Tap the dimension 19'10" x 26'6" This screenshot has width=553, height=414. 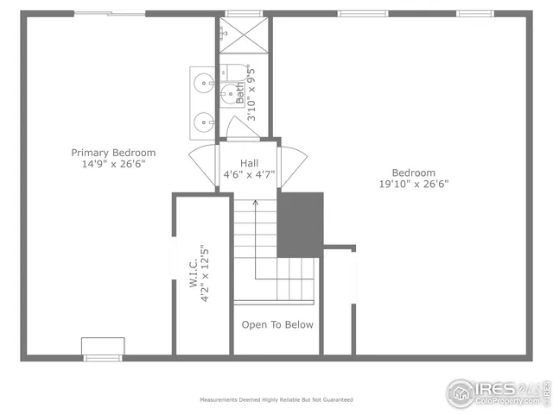click(413, 184)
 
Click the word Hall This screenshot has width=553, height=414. click(249, 162)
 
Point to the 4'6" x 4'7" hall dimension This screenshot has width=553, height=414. click(249, 173)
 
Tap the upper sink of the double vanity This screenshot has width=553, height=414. click(203, 84)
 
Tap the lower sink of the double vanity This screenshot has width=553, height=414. click(203, 122)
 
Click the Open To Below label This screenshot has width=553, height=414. click(276, 325)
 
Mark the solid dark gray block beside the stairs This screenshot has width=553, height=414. click(299, 223)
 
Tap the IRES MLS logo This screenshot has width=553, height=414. click(496, 392)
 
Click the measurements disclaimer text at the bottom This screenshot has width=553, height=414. click(276, 400)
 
